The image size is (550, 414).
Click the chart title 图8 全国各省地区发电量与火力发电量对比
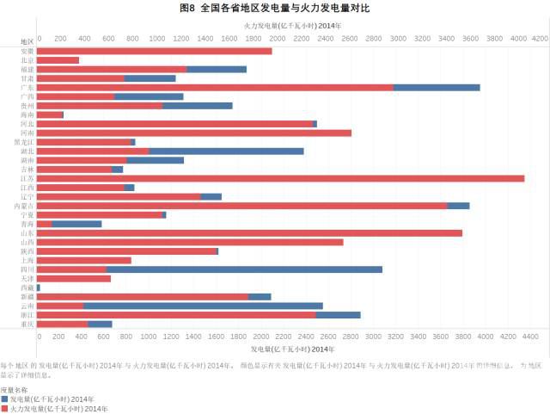coord(275,9)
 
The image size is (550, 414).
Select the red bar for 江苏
coord(280,178)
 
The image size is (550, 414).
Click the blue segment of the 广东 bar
coord(437,87)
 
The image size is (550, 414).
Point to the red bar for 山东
coord(249,233)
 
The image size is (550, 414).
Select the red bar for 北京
coord(58,60)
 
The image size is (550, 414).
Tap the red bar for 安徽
coord(154,51)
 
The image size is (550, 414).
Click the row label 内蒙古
coord(25,206)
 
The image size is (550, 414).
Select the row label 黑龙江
coord(25,142)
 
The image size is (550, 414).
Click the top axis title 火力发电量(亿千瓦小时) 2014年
coord(292,28)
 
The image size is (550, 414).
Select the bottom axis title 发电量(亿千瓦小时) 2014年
coord(292,349)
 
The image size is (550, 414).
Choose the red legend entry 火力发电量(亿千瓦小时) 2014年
coord(58,408)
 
